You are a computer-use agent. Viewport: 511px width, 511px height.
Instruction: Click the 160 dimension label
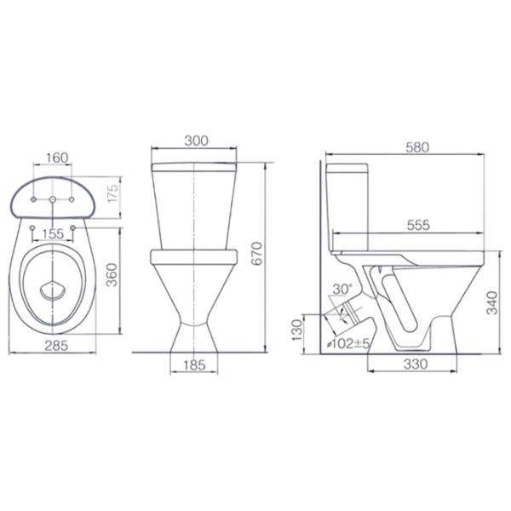click(x=57, y=158)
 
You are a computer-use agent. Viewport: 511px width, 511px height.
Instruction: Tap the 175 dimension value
click(x=113, y=193)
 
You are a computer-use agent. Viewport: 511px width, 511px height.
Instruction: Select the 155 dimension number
click(x=53, y=233)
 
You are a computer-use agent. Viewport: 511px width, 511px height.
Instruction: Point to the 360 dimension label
click(x=112, y=275)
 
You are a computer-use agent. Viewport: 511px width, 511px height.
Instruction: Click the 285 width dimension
click(x=56, y=346)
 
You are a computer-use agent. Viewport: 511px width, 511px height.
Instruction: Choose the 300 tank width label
click(x=196, y=141)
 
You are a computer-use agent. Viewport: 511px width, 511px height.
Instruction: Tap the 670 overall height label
click(x=257, y=254)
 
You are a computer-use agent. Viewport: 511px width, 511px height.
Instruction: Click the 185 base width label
click(x=194, y=365)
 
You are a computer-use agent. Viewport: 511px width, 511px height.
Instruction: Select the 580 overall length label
click(x=417, y=147)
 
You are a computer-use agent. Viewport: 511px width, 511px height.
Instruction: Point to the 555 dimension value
click(x=418, y=225)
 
